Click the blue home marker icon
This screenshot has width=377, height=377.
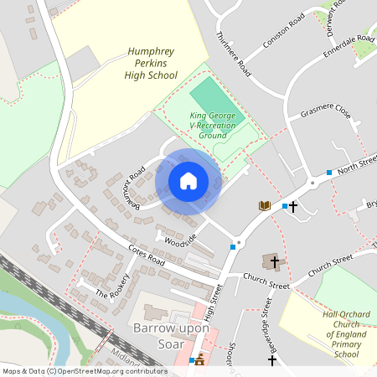click(188, 180)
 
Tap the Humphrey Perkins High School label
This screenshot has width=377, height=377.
click(152, 63)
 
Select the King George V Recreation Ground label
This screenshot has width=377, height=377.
click(215, 125)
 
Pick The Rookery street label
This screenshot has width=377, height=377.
click(114, 287)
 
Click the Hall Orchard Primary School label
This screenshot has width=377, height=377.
click(335, 335)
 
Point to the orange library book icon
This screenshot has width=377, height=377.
click(264, 205)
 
